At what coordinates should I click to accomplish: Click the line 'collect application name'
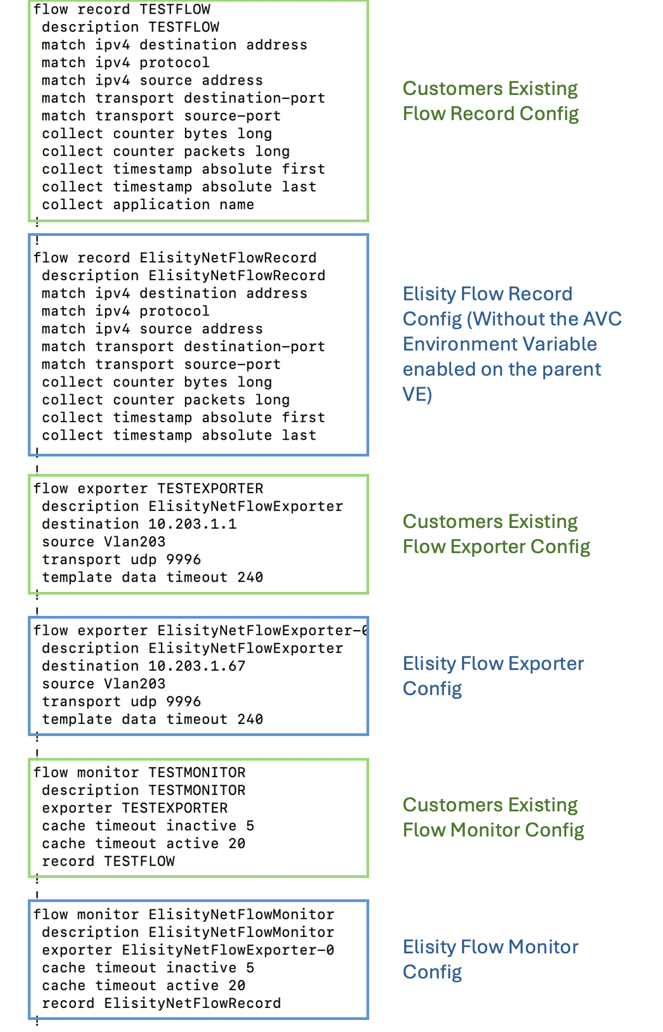click(148, 205)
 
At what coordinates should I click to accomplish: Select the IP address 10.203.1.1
click(193, 524)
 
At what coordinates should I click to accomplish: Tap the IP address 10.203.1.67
click(197, 666)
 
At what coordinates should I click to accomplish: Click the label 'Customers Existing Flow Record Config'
click(490, 101)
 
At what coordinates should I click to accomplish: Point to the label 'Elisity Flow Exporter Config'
click(493, 676)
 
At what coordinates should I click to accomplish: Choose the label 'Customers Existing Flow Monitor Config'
click(493, 817)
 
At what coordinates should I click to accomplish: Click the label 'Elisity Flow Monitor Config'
click(490, 959)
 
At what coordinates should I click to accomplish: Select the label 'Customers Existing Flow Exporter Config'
click(496, 534)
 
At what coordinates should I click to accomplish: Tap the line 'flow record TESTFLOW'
click(122, 10)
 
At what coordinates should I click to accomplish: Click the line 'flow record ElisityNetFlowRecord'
click(175, 258)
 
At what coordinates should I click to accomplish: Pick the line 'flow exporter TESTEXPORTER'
click(149, 489)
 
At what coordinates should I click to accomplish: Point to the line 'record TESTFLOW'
click(109, 862)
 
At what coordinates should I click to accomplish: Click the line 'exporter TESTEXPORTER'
click(135, 808)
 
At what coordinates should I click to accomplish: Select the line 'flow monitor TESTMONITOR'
click(139, 773)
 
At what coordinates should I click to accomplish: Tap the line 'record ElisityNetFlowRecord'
click(162, 1004)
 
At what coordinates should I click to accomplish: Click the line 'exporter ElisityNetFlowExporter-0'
click(188, 950)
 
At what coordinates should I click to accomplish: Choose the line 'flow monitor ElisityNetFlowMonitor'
click(184, 915)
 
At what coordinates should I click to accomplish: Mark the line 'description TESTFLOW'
click(131, 27)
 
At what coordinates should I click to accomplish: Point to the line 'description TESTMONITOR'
click(144, 791)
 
